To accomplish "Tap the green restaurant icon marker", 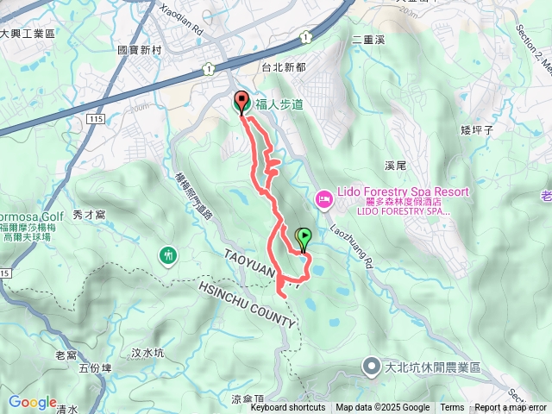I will pos(168,255).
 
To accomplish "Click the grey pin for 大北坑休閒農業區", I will pos(372,367).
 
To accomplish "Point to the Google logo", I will pos(33,403).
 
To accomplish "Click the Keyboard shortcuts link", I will pos(288,408).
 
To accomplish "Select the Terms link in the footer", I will pos(452,408).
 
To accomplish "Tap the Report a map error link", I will pos(511,408).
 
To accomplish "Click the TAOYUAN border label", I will pos(255,264).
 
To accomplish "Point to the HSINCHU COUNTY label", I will pos(247,304).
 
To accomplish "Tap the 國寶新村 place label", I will pos(140,50).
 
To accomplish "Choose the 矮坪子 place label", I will pos(476,129).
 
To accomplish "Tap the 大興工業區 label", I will pos(28,33).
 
